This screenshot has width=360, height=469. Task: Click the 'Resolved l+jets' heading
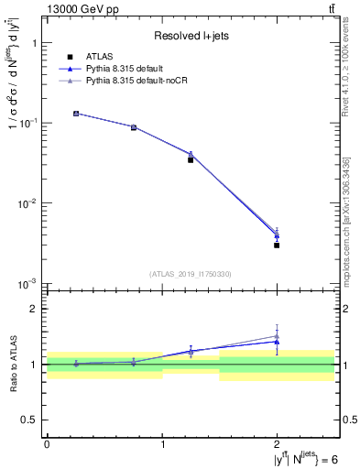point(190,36)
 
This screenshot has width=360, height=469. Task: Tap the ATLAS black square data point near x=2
point(277,245)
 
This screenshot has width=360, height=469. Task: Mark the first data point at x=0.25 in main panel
point(76,114)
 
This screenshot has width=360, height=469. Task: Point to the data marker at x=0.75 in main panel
point(134,127)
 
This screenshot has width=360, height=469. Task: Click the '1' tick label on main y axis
point(34,43)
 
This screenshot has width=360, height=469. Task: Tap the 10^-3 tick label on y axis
point(27,284)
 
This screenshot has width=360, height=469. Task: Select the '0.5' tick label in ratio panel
point(30,420)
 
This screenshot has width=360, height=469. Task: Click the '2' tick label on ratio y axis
point(34,310)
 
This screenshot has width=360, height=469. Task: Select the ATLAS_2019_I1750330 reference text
point(190,274)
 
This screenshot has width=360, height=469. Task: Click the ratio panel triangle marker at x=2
point(277,341)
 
